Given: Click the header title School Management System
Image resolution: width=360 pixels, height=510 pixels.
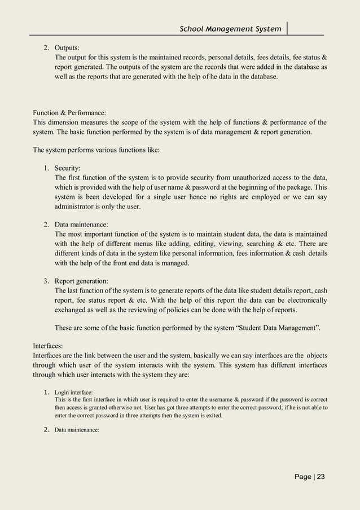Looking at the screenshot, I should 230,28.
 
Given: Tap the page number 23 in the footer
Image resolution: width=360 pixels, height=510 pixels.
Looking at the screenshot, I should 321,477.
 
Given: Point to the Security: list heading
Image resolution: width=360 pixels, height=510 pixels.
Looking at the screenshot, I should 67,168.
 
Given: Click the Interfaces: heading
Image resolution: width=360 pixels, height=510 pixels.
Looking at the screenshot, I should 49,345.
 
